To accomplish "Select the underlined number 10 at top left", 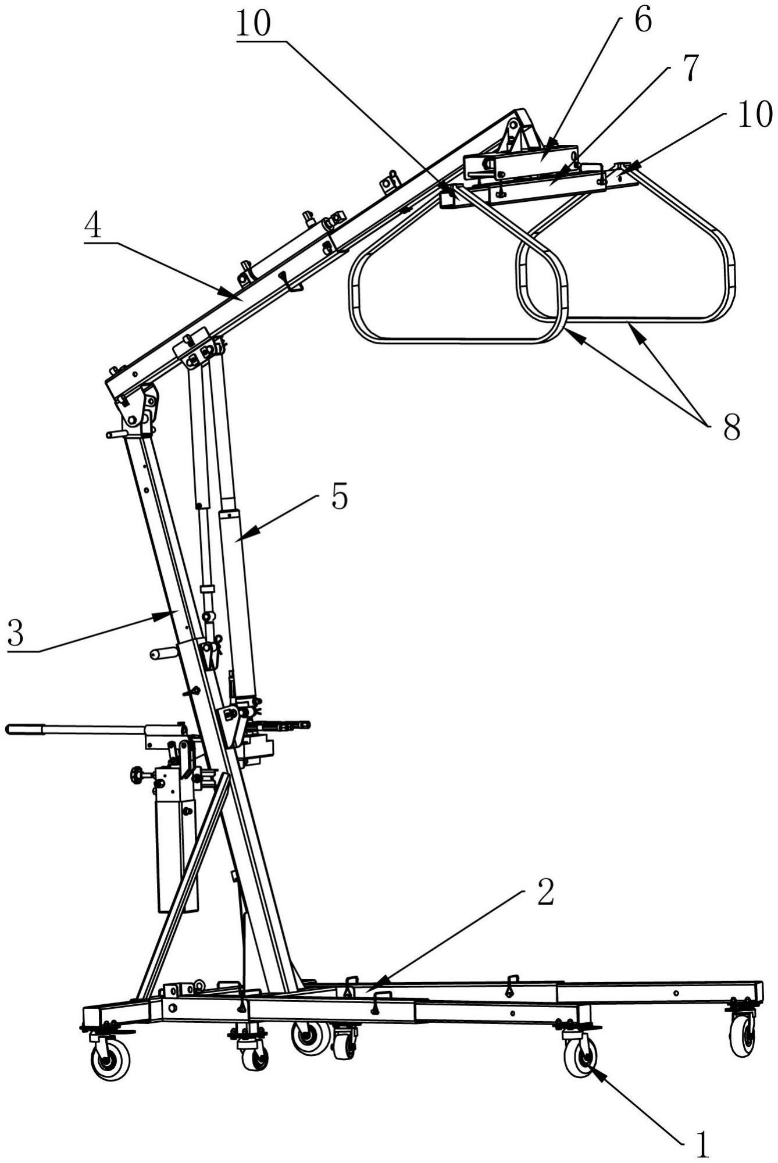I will [254, 24].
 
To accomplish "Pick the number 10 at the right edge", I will [755, 115].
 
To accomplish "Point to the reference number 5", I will [340, 497].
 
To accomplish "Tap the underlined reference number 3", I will [16, 633].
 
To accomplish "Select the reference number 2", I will [545, 894].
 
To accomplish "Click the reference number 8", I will [731, 429].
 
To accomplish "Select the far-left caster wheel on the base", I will [110, 1061].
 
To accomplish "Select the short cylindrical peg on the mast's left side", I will [163, 654].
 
